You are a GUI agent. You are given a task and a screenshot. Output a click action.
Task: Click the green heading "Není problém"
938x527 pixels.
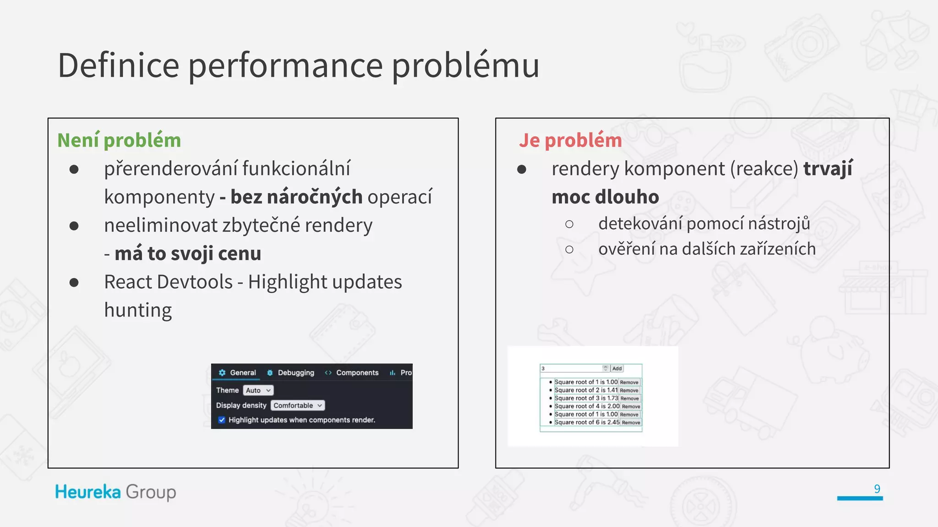pos(119,140)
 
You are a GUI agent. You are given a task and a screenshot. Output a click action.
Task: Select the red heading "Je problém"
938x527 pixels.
pos(570,140)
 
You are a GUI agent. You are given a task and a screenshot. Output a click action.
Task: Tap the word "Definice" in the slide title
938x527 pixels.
pos(118,65)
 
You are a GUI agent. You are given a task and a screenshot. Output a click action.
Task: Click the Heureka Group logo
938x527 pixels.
pos(115,492)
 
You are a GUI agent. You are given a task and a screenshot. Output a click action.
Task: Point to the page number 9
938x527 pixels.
pos(877,489)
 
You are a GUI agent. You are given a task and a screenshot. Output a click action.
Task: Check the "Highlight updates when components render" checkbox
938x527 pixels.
pos(222,420)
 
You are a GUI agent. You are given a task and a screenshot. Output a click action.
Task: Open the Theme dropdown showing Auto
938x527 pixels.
pos(258,390)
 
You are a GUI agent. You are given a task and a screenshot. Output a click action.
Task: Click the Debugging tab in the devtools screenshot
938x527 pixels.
pos(291,373)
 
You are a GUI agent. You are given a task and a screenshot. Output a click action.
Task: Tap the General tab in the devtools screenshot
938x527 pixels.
pos(238,373)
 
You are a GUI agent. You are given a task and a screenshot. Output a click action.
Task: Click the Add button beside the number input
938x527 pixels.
pos(617,368)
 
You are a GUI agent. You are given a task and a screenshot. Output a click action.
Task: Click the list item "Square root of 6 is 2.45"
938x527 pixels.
pos(587,422)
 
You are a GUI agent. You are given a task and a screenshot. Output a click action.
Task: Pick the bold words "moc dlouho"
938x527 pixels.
pos(605,197)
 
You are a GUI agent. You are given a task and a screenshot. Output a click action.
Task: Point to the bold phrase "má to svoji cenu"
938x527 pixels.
pos(188,253)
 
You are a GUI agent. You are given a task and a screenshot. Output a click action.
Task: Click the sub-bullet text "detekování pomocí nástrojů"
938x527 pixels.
pos(704,224)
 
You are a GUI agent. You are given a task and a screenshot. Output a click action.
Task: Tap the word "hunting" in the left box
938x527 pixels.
pos(138,310)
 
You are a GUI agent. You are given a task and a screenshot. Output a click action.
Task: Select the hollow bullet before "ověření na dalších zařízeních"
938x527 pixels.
pos(569,249)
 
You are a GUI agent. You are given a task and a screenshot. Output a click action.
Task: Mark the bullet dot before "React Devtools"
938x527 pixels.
pos(74,282)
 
